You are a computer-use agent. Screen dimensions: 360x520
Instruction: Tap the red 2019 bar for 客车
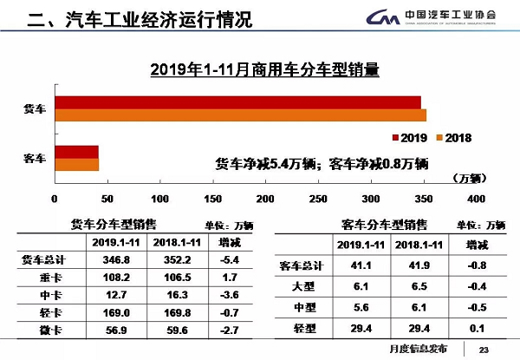pyautogui.click(x=76, y=152)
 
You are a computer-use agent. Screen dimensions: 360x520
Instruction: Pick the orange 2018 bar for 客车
pyautogui.click(x=76, y=164)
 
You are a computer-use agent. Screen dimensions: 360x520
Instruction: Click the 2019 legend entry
pyautogui.click(x=409, y=139)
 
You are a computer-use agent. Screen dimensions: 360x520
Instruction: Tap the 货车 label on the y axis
pyautogui.click(x=34, y=109)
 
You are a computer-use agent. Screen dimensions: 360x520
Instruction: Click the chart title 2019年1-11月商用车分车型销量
pyautogui.click(x=265, y=69)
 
